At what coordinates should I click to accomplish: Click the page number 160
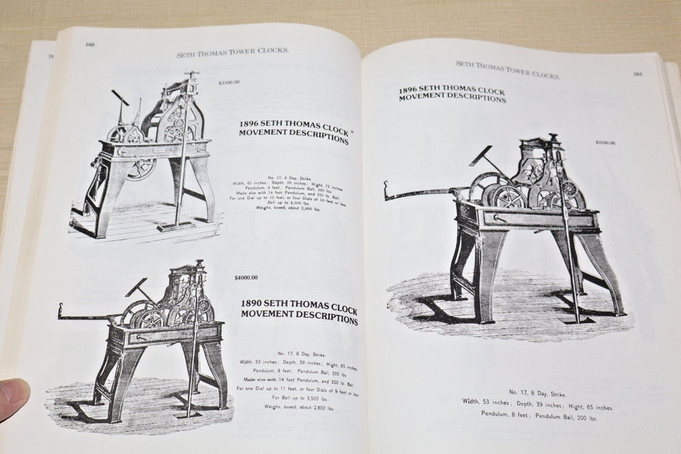click(x=89, y=45)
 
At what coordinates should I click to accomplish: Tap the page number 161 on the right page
click(x=638, y=74)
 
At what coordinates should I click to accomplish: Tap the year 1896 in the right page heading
click(x=410, y=89)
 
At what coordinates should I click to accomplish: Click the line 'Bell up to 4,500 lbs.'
click(x=303, y=202)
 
